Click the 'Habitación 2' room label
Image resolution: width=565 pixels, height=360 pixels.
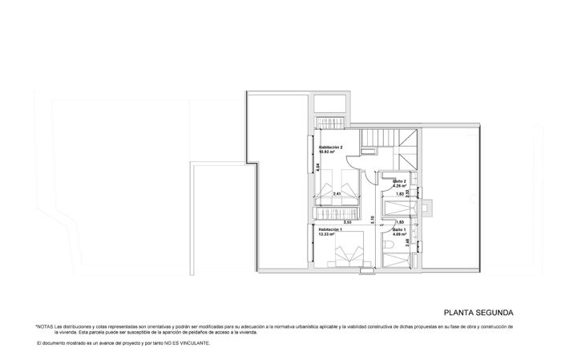click(x=330, y=148)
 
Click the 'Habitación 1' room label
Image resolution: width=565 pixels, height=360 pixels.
click(x=330, y=229)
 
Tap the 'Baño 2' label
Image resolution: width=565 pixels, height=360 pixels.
click(x=400, y=181)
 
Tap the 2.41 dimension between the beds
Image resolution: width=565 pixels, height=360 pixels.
click(x=337, y=194)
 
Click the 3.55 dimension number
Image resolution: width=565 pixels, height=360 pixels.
click(x=348, y=222)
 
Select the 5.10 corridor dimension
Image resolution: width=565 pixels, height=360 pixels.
click(x=373, y=216)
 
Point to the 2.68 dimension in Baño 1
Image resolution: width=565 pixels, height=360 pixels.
click(x=407, y=242)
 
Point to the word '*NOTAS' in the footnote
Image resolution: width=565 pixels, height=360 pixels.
click(x=44, y=327)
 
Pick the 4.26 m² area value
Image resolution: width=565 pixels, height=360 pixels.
click(x=398, y=187)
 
